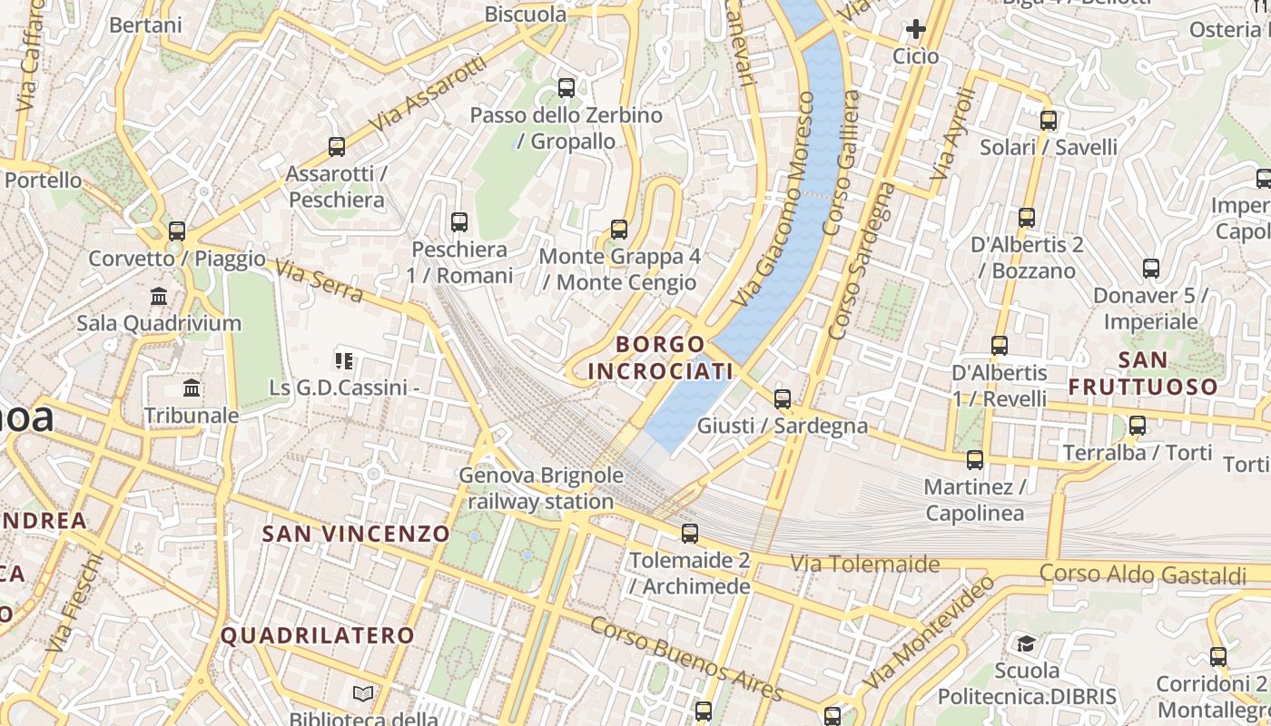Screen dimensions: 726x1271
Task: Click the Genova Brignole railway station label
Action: pyautogui.click(x=541, y=488)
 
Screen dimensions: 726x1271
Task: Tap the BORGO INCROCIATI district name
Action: pyautogui.click(x=661, y=358)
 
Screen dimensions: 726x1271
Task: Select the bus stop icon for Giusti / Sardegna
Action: pyautogui.click(x=783, y=398)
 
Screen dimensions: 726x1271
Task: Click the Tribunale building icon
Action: pyautogui.click(x=192, y=388)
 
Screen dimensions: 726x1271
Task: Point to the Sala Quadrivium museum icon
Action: pyautogui.click(x=160, y=296)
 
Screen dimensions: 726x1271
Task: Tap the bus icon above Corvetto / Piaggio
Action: pyautogui.click(x=177, y=231)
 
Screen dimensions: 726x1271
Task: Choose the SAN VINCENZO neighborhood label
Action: pyautogui.click(x=356, y=534)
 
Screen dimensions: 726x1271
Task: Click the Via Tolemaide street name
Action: pyautogui.click(x=865, y=564)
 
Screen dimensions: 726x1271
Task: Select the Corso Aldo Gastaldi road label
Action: pyautogui.click(x=1143, y=574)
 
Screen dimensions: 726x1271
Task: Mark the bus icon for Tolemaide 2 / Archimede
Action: pyautogui.click(x=690, y=534)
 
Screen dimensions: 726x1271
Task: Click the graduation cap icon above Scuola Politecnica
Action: pyautogui.click(x=1026, y=643)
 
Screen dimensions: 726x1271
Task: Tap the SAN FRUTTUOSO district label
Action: pyautogui.click(x=1143, y=373)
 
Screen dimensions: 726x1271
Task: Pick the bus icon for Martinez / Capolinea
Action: pyautogui.click(x=975, y=460)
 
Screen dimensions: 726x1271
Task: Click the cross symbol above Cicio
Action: pyautogui.click(x=915, y=29)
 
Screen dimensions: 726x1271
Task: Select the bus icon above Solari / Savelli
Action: pyautogui.click(x=1049, y=121)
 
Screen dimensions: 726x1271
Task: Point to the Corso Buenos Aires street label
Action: pyautogui.click(x=686, y=659)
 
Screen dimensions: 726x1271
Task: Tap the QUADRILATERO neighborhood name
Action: pyautogui.click(x=318, y=635)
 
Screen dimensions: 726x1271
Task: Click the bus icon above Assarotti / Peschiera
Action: pyautogui.click(x=337, y=146)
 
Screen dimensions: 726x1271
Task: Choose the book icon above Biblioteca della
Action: pyautogui.click(x=363, y=694)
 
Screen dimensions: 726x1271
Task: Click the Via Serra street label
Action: pyautogui.click(x=319, y=281)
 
